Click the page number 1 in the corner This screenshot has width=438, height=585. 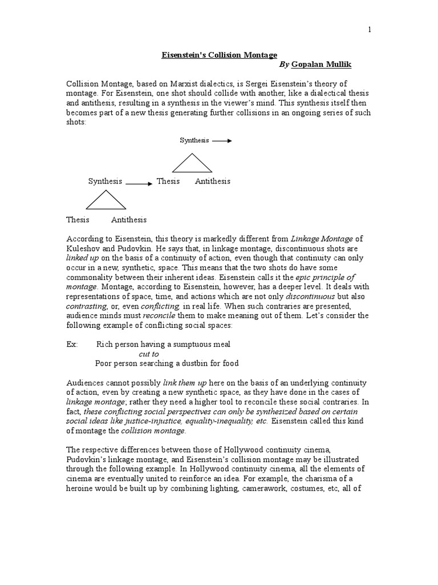pos(369,30)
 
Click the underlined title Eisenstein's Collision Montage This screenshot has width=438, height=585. pos(217,55)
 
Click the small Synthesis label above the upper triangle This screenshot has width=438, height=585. pos(194,140)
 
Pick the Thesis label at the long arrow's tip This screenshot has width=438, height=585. pos(168,181)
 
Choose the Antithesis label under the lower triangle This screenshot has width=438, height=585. pos(129,220)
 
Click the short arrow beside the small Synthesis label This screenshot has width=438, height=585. pos(222,140)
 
